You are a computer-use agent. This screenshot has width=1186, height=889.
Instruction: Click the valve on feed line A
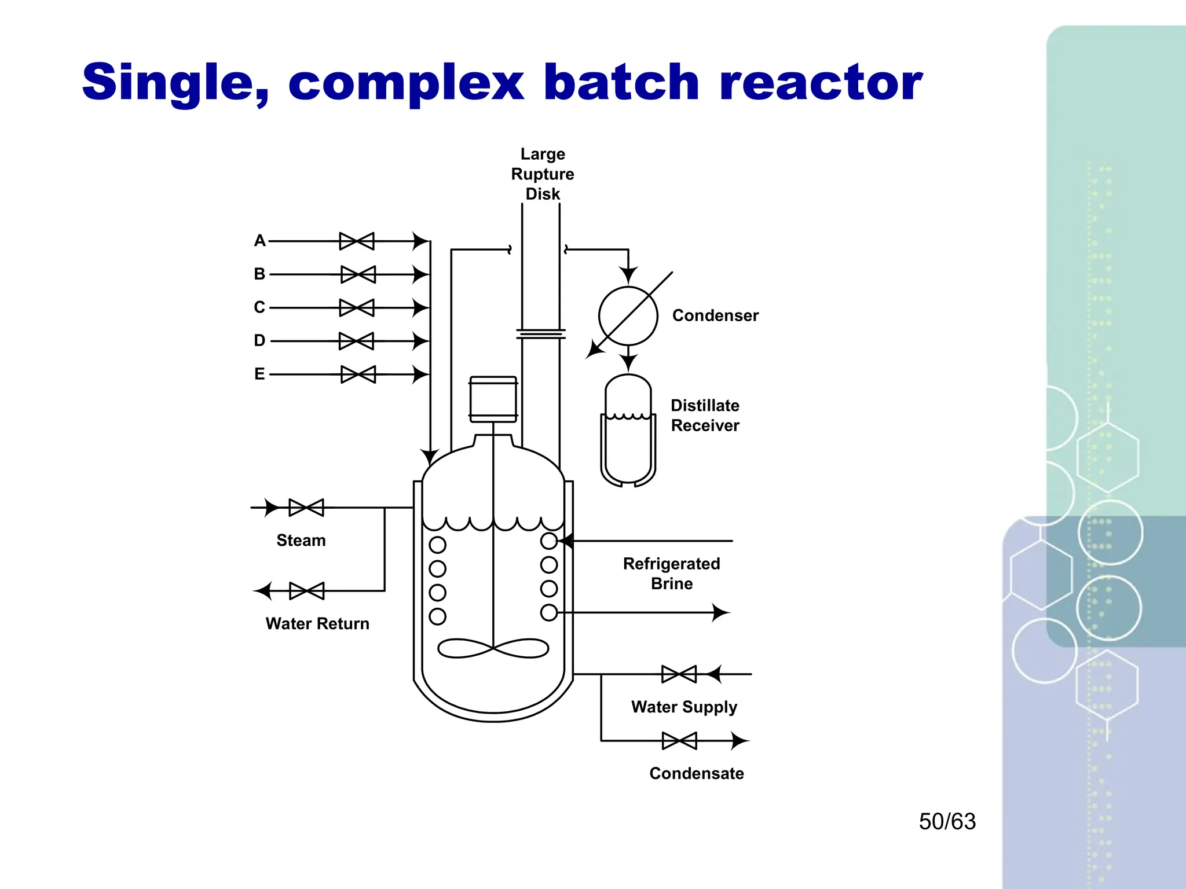pyautogui.click(x=357, y=241)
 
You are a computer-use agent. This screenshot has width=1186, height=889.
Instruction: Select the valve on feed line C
pyautogui.click(x=357, y=307)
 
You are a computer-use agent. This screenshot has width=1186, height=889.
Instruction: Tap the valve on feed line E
pyautogui.click(x=358, y=374)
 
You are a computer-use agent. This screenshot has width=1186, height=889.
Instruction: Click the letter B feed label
pyautogui.click(x=259, y=274)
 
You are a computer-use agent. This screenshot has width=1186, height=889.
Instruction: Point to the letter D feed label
pyautogui.click(x=259, y=340)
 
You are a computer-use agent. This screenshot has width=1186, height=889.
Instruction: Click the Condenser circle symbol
pyautogui.click(x=628, y=316)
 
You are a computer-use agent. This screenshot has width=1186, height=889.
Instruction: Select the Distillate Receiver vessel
pyautogui.click(x=628, y=431)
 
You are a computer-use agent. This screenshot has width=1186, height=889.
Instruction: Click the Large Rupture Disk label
pyautogui.click(x=542, y=174)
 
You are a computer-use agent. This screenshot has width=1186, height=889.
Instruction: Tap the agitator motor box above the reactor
pyautogui.click(x=493, y=399)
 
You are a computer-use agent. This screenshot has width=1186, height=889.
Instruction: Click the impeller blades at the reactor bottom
pyautogui.click(x=493, y=648)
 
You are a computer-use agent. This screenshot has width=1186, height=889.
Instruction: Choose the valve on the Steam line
pyautogui.click(x=306, y=508)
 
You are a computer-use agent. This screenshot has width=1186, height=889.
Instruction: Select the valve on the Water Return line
pyautogui.click(x=307, y=591)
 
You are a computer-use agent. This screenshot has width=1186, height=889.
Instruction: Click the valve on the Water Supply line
pyautogui.click(x=679, y=674)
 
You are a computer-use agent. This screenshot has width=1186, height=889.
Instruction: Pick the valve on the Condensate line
pyautogui.click(x=679, y=741)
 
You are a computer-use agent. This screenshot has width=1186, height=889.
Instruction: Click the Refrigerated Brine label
pyautogui.click(x=671, y=573)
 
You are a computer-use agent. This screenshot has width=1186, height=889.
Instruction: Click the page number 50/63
pyautogui.click(x=947, y=821)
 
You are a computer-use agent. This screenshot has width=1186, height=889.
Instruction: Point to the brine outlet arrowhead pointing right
pyautogui.click(x=720, y=612)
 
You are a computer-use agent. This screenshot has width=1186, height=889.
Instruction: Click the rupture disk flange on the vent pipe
pyautogui.click(x=540, y=334)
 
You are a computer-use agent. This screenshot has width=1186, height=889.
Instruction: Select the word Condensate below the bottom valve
pyautogui.click(x=696, y=773)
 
